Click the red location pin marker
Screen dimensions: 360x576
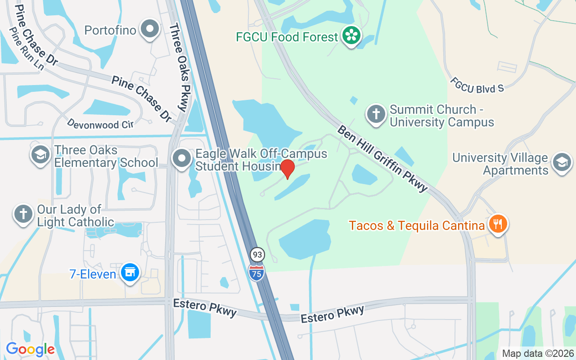click(288, 169)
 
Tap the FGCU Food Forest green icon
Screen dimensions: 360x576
click(351, 36)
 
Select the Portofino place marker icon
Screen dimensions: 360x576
click(150, 30)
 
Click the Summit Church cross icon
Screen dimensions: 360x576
click(376, 114)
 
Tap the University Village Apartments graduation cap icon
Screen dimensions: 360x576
click(562, 162)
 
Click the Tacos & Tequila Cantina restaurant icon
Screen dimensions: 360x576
click(497, 223)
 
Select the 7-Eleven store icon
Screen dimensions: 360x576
click(130, 273)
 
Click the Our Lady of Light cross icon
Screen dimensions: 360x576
click(23, 214)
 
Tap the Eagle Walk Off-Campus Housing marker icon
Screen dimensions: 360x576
click(182, 159)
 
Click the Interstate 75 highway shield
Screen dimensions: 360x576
click(256, 273)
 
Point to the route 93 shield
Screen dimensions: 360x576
click(257, 255)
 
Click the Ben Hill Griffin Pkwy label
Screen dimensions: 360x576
click(382, 158)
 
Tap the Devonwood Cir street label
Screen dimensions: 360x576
click(100, 124)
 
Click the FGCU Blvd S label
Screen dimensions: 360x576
click(477, 84)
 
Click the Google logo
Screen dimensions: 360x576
click(30, 349)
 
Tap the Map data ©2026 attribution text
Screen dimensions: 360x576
click(538, 354)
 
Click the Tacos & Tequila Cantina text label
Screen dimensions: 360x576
click(416, 225)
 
